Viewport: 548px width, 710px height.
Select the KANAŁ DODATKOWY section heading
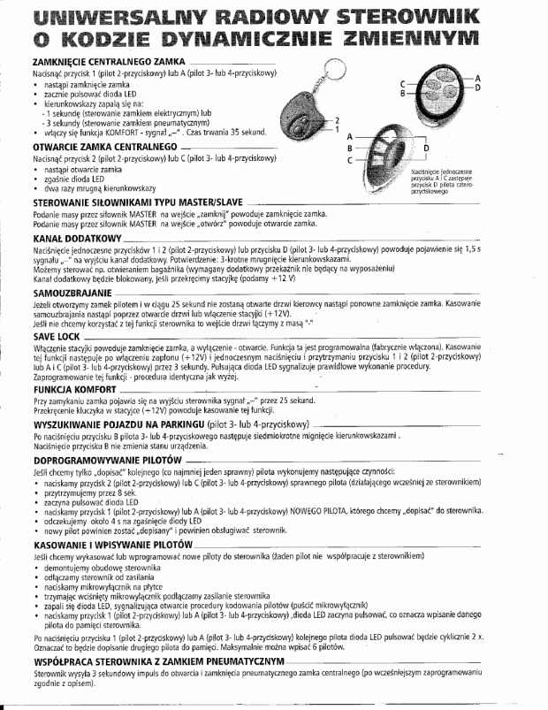pyautogui.click(x=64, y=240)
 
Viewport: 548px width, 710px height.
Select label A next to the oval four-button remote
pyautogui.click(x=477, y=79)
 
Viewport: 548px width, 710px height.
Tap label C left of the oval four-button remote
pyautogui.click(x=402, y=79)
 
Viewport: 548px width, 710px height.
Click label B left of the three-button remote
pyautogui.click(x=350, y=149)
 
